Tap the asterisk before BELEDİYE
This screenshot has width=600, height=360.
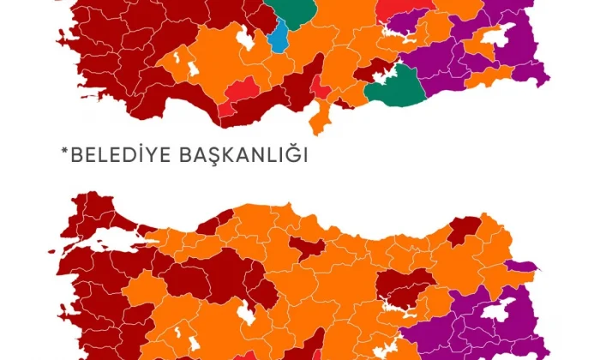coord(63,153)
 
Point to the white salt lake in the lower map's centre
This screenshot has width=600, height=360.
coord(245,314)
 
